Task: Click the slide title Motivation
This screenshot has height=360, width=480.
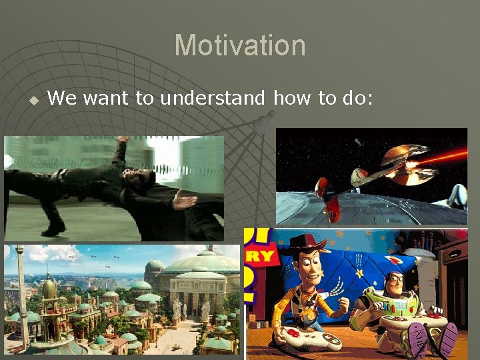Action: (240, 46)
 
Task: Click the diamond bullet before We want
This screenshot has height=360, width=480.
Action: (32, 100)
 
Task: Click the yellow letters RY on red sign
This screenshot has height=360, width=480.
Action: (261, 255)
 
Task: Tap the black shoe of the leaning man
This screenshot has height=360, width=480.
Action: (53, 228)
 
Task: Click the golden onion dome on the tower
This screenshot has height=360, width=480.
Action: (49, 287)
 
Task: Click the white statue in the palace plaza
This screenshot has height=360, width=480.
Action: (177, 309)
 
